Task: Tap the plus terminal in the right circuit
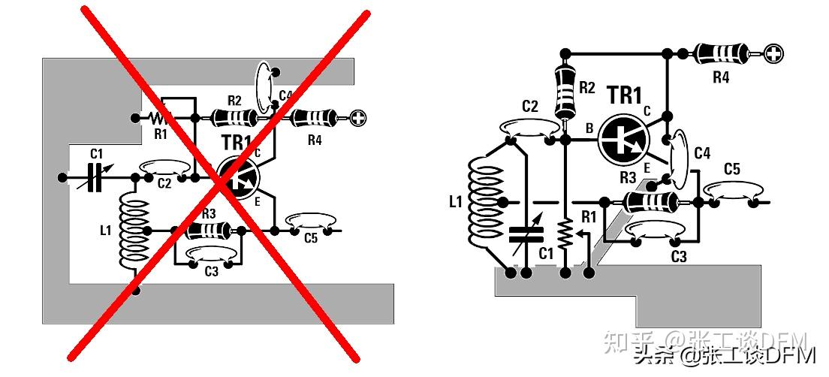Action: coord(774,53)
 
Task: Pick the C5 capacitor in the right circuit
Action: coord(731,194)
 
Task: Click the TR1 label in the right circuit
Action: coord(625,96)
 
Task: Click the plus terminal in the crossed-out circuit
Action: coord(360,117)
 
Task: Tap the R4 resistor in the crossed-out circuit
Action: coord(313,118)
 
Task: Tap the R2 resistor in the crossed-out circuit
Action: coord(234,117)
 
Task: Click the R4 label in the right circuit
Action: coord(720,77)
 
